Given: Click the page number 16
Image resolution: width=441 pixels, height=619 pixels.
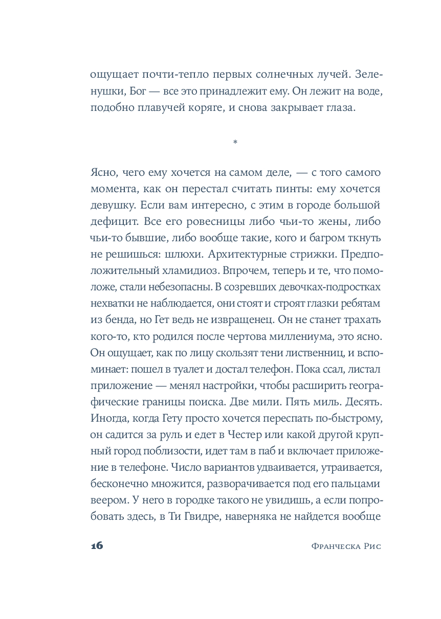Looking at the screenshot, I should pos(97,545).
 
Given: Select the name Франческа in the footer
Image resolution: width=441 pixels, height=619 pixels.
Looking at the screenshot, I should pos(335,546).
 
